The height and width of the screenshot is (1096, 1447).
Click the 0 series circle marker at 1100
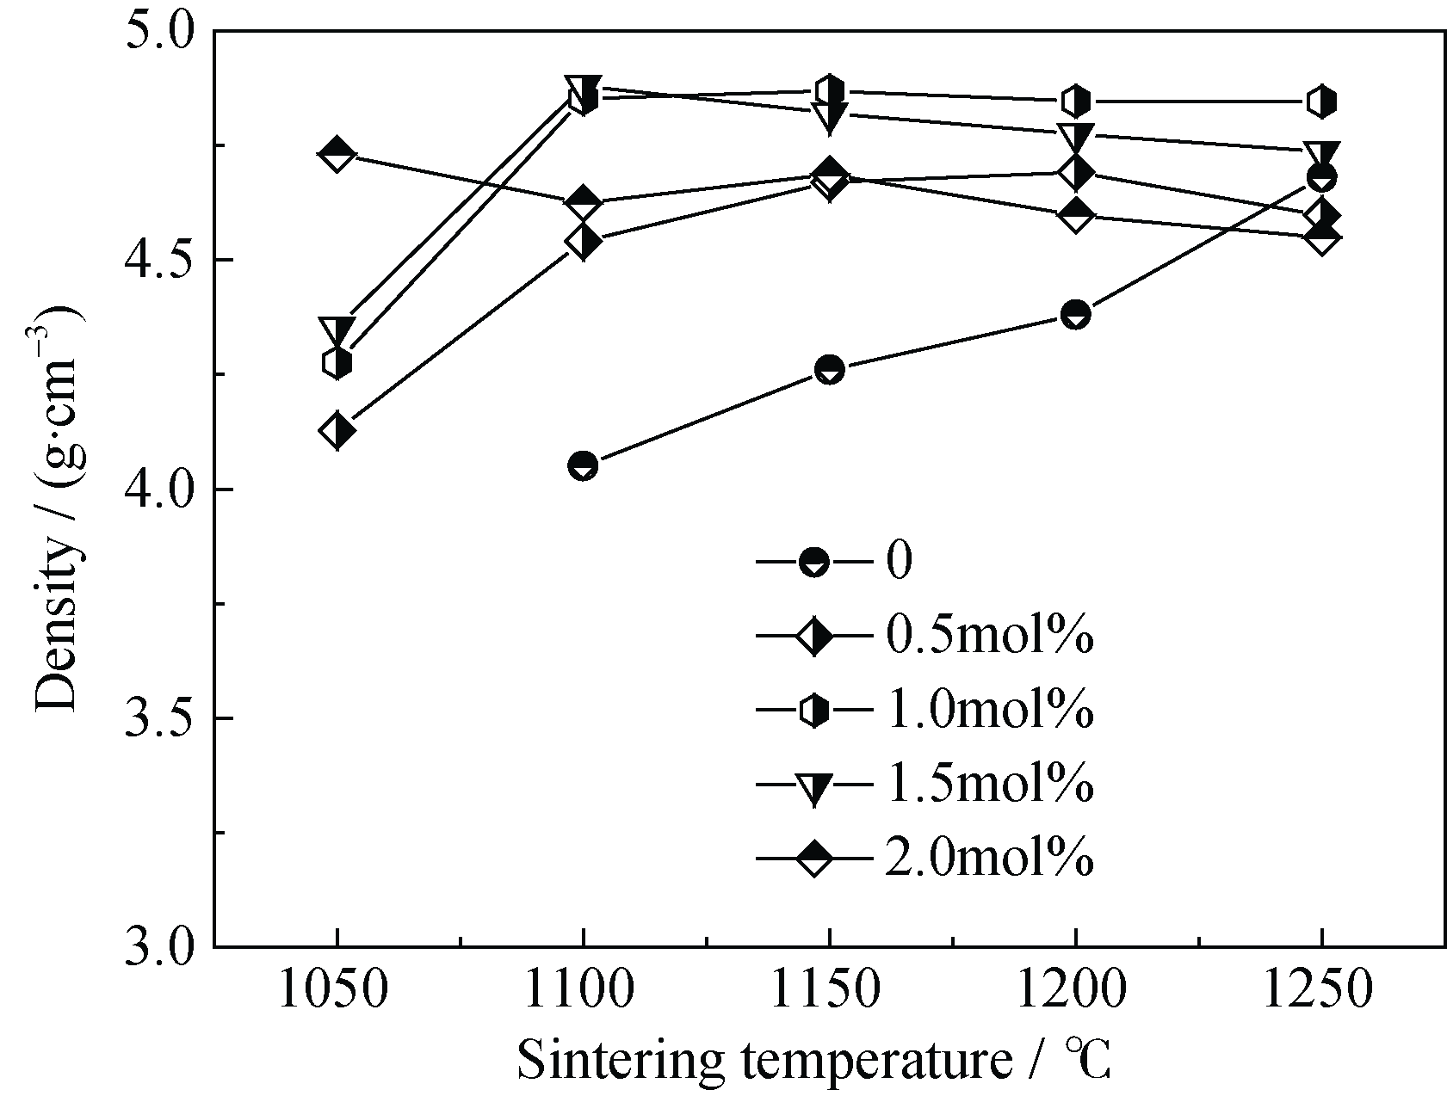click(x=583, y=465)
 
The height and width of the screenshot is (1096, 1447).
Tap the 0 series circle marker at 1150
click(x=829, y=369)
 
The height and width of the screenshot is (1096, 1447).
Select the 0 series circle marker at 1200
click(x=1075, y=314)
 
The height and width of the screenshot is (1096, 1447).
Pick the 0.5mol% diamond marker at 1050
click(x=337, y=429)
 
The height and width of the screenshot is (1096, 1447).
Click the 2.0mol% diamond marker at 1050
click(x=337, y=155)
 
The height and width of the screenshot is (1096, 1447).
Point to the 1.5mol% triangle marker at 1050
click(x=337, y=330)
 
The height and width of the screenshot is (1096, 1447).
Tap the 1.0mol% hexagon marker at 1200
click(x=1075, y=102)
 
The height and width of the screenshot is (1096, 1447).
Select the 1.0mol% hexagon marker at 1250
click(x=1321, y=102)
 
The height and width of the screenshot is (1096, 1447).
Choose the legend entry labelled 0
click(x=898, y=563)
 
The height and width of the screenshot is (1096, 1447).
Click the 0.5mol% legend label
click(x=989, y=637)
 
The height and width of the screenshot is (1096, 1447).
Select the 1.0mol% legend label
click(x=989, y=711)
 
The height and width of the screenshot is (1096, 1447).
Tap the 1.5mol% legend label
click(x=989, y=784)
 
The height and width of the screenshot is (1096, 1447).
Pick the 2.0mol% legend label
click(x=989, y=858)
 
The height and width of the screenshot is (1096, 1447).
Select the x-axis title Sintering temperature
click(x=813, y=1060)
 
